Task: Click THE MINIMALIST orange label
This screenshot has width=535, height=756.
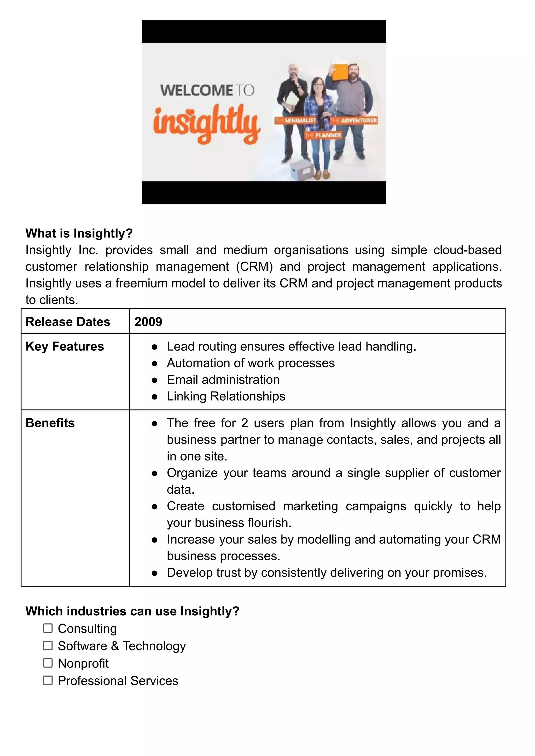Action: coord(295,121)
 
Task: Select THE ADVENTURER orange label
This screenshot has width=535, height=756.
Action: coord(353,121)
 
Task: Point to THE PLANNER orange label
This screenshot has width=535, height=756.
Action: coord(323,135)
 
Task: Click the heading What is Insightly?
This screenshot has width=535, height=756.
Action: coord(79,233)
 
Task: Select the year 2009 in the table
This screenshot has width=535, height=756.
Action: coord(148,322)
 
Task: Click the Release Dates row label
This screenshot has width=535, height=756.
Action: coord(68,322)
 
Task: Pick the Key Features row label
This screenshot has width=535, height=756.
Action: coord(65,346)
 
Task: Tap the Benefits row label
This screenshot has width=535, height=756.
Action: coord(50,423)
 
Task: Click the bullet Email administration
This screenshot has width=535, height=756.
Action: coord(223,380)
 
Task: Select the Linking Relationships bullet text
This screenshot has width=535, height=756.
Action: coord(226,396)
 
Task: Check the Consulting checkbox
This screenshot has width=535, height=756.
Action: coord(48,628)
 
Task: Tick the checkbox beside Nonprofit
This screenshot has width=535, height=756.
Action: coord(48,663)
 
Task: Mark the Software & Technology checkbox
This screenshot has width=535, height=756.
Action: coord(48,646)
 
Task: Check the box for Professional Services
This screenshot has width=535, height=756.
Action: coord(48,680)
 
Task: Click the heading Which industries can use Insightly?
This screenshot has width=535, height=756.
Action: coord(132,611)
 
